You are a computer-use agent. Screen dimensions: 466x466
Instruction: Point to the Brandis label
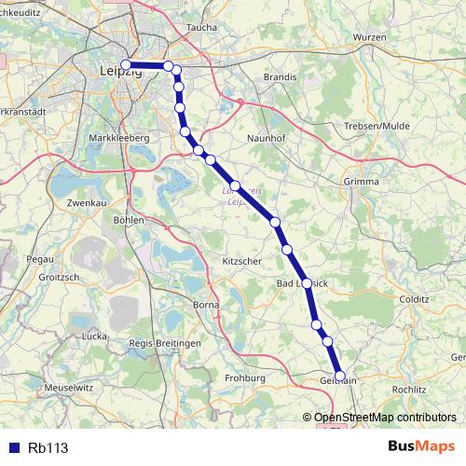(280, 77)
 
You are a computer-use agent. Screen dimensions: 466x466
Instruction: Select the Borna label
(204, 304)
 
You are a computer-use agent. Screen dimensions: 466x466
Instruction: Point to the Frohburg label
(245, 378)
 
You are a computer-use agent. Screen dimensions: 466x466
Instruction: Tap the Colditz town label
(412, 300)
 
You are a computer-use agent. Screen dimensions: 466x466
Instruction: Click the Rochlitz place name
(410, 389)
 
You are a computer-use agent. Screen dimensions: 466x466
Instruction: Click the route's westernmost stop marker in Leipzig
(126, 64)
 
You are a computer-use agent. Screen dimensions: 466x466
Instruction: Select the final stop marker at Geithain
(340, 377)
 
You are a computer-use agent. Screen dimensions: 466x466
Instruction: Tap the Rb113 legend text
(47, 447)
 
